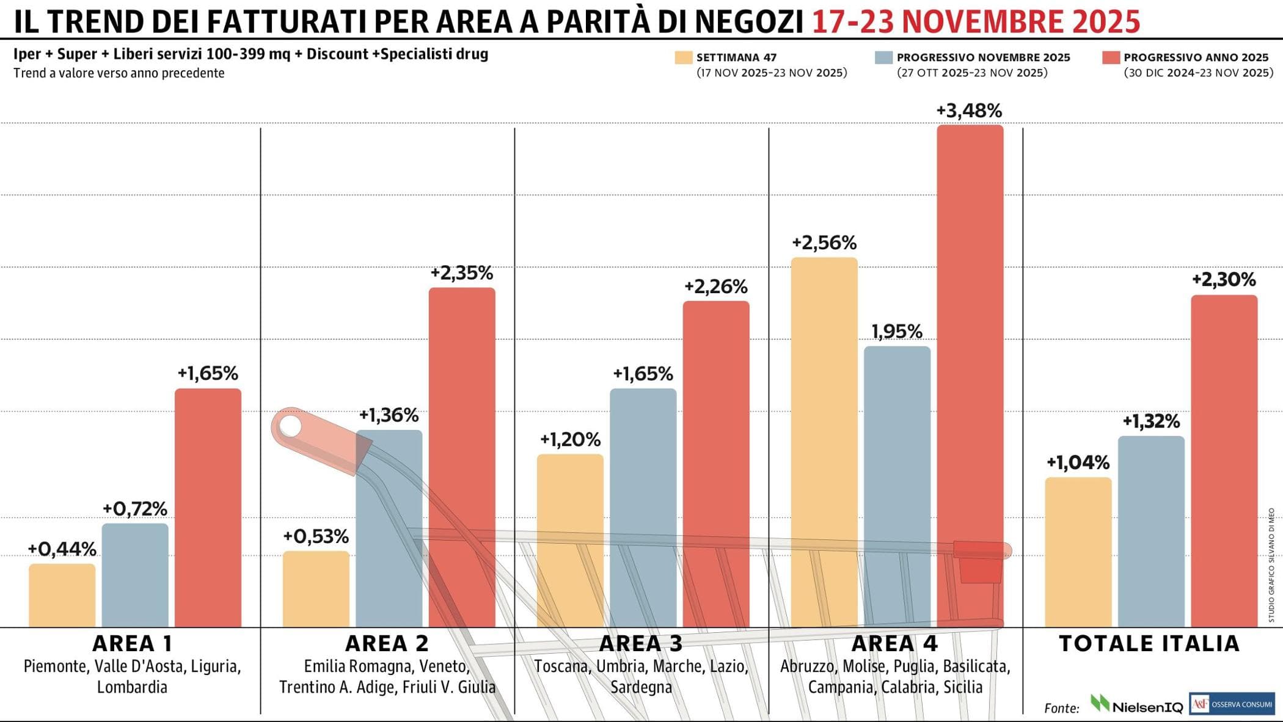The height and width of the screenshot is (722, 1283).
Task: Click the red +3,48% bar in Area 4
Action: coord(970,366)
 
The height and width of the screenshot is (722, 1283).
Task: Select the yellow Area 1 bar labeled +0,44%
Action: coord(62,595)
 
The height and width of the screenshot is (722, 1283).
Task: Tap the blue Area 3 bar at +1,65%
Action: coord(643,507)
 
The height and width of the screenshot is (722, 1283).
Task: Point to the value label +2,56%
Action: coord(824,243)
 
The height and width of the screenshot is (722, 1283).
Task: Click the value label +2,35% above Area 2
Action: coord(462,273)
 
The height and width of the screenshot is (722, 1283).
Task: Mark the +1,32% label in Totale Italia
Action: coord(1151,421)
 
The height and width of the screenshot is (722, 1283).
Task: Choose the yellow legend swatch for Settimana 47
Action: coord(683,57)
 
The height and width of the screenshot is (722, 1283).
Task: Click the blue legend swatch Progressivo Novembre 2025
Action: coord(883,57)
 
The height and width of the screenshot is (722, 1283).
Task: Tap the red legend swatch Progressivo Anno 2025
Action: coord(1111,57)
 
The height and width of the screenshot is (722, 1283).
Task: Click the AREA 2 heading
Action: coord(387,644)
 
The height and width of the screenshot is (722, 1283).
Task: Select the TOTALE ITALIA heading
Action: coord(1149,644)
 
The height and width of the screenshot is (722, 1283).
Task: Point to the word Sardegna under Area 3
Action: coord(641,687)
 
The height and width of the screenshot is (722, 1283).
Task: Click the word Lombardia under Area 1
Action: coord(132,687)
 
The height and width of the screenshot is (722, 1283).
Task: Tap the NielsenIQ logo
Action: coord(1137,706)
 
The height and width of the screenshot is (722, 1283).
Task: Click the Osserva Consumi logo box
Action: coord(1232,704)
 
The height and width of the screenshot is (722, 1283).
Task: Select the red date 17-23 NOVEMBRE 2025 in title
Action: coord(976,22)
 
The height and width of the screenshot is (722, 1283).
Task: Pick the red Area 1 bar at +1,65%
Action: coord(208,507)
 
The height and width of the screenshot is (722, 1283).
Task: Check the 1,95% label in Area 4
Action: coord(896,332)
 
